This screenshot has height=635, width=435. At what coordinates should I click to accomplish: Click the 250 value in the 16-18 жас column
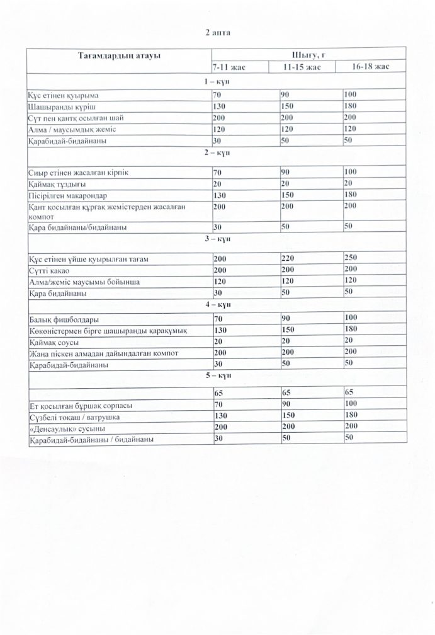point(351,258)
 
